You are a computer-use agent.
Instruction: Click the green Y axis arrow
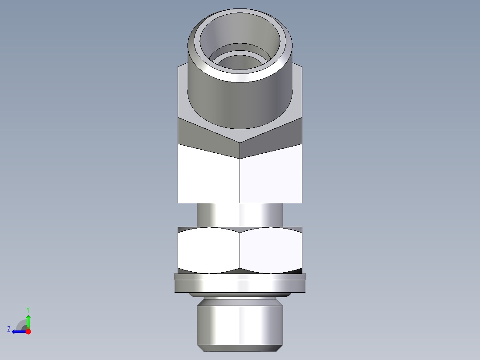[28, 320]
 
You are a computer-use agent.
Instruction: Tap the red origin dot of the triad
[28, 331]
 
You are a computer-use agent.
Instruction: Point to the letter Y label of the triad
[28, 309]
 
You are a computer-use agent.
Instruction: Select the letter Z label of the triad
[9, 329]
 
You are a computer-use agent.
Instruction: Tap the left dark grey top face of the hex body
[207, 136]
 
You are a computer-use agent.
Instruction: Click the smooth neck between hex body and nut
[240, 215]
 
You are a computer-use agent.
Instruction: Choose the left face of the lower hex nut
[208, 250]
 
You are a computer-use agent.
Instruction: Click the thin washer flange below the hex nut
[240, 285]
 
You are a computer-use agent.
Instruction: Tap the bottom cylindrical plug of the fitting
[240, 323]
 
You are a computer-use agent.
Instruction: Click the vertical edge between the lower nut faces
[240, 250]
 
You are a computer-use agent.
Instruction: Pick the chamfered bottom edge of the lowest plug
[240, 347]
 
